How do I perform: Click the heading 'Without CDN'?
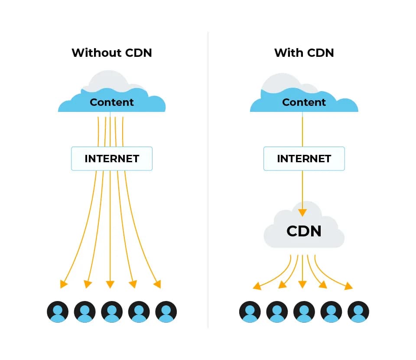[x=112, y=53]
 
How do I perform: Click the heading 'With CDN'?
[x=304, y=53]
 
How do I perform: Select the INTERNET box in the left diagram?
[x=112, y=159]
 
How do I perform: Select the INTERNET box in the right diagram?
[x=304, y=159]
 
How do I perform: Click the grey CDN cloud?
[x=304, y=231]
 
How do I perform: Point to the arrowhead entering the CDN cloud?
[x=302, y=213]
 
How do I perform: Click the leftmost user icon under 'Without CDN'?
[x=58, y=312]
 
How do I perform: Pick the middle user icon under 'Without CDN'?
[x=112, y=312]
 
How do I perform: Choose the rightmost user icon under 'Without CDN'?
[x=166, y=312]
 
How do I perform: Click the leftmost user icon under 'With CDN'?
[x=250, y=312]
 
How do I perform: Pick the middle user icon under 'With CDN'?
[x=304, y=312]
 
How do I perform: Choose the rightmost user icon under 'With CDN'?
[x=358, y=312]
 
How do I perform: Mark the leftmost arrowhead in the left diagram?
[x=64, y=284]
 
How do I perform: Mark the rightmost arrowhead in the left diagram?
[x=157, y=284]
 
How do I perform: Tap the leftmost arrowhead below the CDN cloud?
[x=257, y=286]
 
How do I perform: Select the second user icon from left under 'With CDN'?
[x=277, y=312]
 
